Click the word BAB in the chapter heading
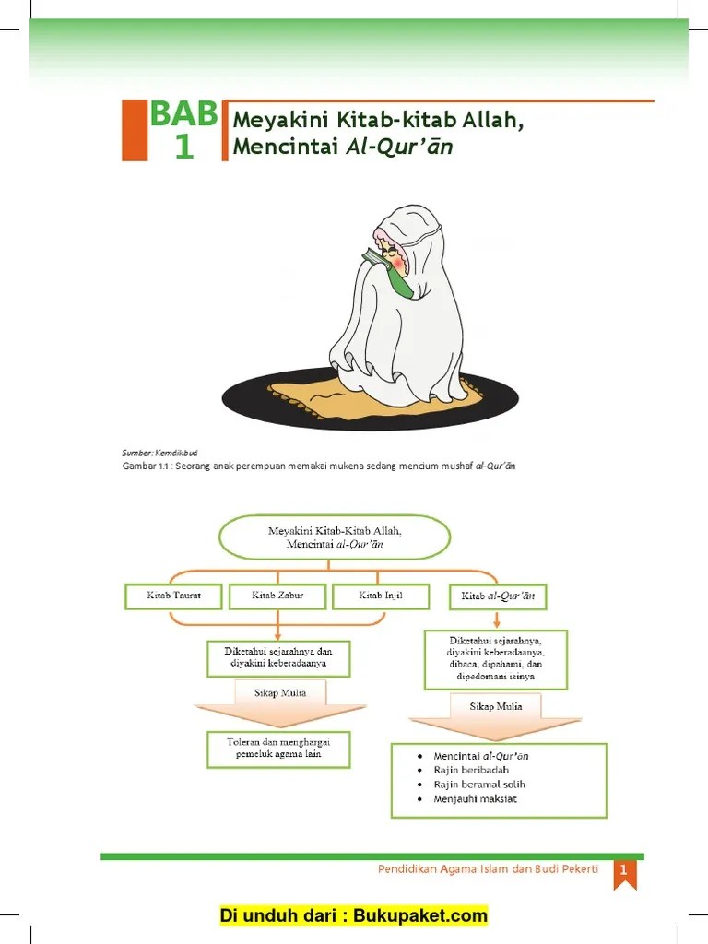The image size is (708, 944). pyautogui.click(x=183, y=114)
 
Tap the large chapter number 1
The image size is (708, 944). pyautogui.click(x=184, y=147)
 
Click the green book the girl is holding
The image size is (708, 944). pyautogui.click(x=387, y=270)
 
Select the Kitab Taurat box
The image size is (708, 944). pyautogui.click(x=173, y=596)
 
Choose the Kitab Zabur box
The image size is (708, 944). pyautogui.click(x=277, y=596)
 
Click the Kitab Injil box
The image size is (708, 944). pyautogui.click(x=380, y=596)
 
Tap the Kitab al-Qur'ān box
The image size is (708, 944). pyautogui.click(x=498, y=597)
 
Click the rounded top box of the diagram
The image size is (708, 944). pyautogui.click(x=334, y=537)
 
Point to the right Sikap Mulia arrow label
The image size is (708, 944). pyautogui.click(x=496, y=706)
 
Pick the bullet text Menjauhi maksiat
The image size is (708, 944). pyautogui.click(x=475, y=798)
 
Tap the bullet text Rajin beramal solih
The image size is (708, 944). pyautogui.click(x=479, y=785)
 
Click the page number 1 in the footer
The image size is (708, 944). pyautogui.click(x=624, y=870)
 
